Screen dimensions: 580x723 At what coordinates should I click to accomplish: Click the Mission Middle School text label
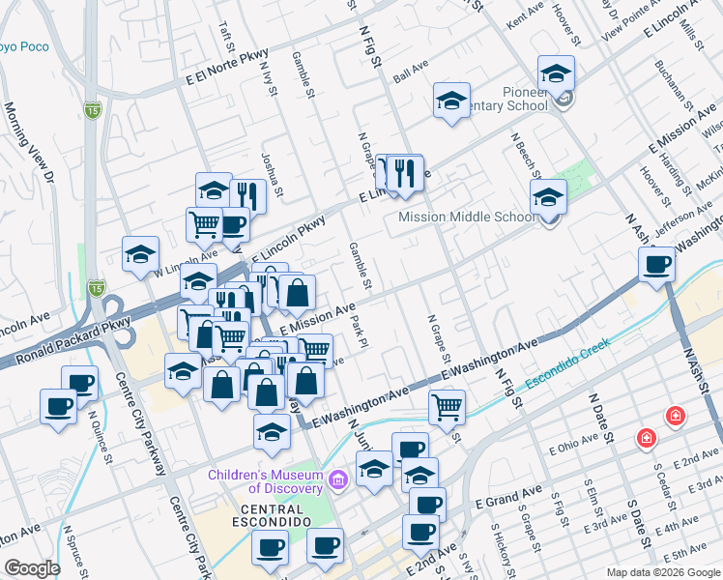coord(467,217)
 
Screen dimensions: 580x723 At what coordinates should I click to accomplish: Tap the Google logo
coord(32,568)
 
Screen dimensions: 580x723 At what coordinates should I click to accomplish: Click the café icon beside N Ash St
coord(657,264)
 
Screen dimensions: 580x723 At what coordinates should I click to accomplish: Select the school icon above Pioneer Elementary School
coord(556,72)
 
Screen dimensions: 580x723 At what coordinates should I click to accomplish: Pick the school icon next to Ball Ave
coord(450,101)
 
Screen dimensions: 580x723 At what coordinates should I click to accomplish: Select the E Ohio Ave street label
coord(576,449)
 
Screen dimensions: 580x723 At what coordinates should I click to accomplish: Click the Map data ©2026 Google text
coord(663,572)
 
